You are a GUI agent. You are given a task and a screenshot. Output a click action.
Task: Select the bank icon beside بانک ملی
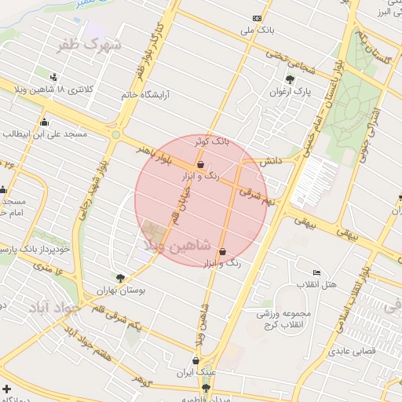(257, 18)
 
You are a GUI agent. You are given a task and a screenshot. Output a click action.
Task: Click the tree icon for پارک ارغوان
(291, 79)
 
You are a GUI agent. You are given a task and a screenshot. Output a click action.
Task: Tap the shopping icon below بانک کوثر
(202, 165)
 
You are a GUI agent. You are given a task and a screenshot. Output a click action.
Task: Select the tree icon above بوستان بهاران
(119, 277)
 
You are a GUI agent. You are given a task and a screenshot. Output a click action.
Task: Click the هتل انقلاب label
(317, 283)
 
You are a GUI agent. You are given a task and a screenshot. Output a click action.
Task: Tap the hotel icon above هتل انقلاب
(316, 271)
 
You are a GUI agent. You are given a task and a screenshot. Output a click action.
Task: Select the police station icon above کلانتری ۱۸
(53, 77)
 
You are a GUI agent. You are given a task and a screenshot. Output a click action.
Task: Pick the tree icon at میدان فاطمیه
(206, 388)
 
